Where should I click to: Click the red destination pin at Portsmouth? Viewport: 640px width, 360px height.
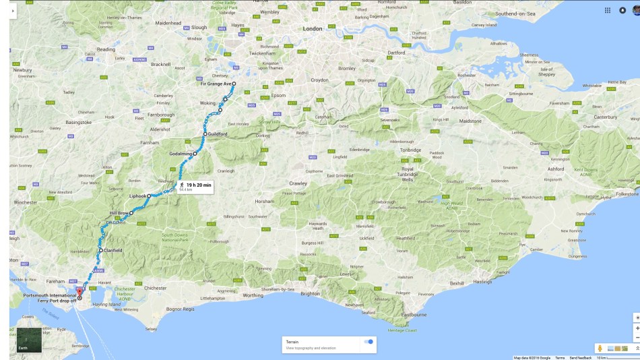point(79,291)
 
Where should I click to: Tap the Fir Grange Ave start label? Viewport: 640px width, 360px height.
point(215,84)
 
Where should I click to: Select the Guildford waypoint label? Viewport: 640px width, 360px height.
point(218,134)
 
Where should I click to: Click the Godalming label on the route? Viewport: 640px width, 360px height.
point(181,154)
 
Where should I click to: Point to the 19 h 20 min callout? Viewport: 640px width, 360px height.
point(198,185)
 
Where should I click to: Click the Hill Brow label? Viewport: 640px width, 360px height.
point(119,212)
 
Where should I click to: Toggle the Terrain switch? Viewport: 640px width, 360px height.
point(369,342)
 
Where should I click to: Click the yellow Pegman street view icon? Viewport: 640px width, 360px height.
point(600,348)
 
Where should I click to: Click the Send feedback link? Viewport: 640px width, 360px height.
point(579,357)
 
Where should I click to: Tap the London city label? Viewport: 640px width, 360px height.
point(313,29)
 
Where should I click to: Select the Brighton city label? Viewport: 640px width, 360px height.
point(310,293)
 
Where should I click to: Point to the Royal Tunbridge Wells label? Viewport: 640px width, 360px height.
point(408,175)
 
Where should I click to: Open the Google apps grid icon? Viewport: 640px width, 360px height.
point(607,10)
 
